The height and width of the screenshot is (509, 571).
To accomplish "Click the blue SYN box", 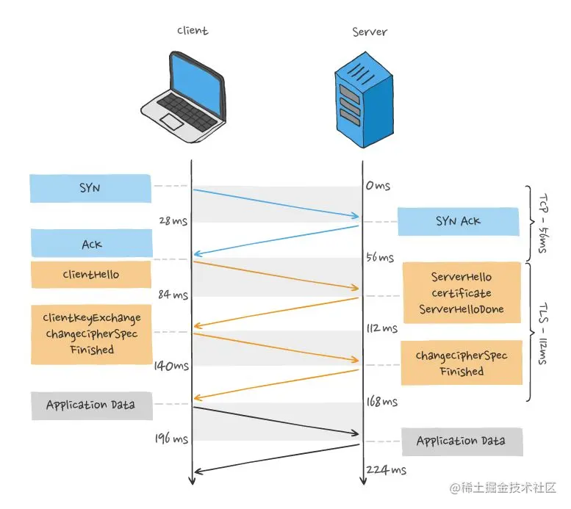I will click(90, 189).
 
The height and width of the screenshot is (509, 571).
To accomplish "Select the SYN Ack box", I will click(459, 221).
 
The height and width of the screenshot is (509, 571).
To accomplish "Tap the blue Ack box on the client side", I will click(91, 243).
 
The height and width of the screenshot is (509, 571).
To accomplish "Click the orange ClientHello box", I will click(90, 275).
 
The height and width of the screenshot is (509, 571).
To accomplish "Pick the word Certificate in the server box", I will click(462, 293).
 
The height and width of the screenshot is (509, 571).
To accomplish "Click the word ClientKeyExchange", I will click(92, 318).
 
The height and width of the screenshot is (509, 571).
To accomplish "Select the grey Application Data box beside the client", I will click(90, 405).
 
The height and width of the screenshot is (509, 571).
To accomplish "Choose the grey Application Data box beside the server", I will click(462, 441).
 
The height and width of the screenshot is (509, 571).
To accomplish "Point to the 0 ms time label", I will click(378, 186).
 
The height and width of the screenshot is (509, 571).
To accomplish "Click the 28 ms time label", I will click(173, 220).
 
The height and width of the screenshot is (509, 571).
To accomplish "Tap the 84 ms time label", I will click(173, 295).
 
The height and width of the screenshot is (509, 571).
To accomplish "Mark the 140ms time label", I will click(171, 365).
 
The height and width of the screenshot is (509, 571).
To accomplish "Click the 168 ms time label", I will click(381, 402).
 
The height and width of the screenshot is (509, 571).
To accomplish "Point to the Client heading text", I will click(193, 31).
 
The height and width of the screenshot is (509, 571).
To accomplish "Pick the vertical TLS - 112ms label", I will click(545, 332).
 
